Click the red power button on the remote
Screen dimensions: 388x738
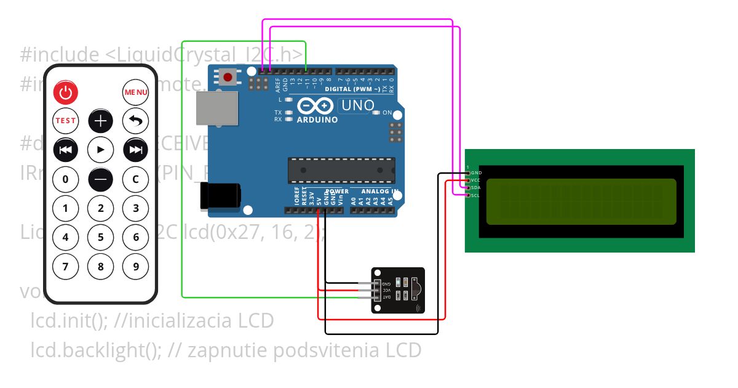click(66, 92)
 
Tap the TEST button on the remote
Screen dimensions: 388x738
click(66, 121)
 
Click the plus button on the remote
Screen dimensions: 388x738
click(101, 121)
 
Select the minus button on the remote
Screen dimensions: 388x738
click(101, 179)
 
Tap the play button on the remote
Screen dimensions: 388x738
click(101, 150)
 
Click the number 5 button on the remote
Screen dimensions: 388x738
click(101, 237)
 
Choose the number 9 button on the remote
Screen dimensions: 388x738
click(136, 267)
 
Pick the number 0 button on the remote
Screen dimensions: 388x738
click(66, 179)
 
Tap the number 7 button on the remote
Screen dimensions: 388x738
click(66, 267)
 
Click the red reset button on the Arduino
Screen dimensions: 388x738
click(229, 78)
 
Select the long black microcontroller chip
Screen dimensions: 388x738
click(341, 170)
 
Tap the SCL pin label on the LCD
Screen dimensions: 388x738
click(476, 195)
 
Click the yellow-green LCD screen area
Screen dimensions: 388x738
click(581, 201)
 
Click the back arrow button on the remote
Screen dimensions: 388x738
click(136, 121)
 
